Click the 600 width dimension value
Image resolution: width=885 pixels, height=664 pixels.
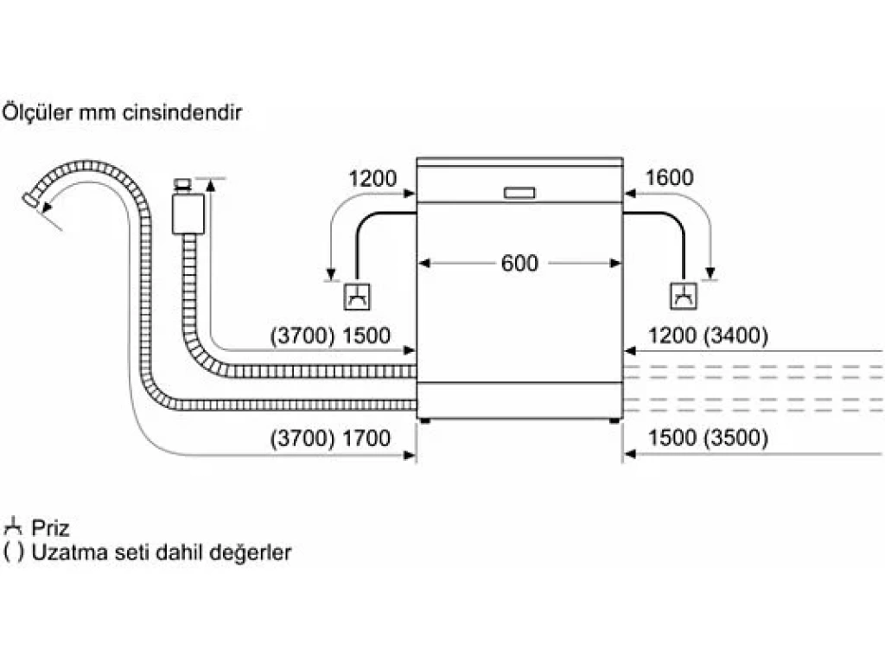tap(519, 263)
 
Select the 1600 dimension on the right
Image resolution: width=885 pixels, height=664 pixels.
tap(669, 178)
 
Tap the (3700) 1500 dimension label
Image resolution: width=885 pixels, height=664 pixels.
tap(330, 336)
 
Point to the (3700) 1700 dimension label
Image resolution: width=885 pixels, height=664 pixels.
tap(330, 438)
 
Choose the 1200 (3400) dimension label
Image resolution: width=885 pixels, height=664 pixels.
tap(708, 336)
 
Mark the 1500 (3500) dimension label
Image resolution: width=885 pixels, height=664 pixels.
tap(708, 438)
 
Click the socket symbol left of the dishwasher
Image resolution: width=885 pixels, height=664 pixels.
tap(357, 296)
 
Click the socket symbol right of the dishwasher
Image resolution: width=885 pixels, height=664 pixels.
tap(684, 296)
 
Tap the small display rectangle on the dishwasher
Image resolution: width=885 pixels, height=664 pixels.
tap(519, 193)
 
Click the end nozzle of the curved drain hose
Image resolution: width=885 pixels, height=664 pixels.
tap(32, 201)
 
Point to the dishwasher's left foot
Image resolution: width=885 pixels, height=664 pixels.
tap(425, 421)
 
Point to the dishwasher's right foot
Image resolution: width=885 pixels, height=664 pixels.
tap(614, 421)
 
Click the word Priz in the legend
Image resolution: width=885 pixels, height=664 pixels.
tap(50, 528)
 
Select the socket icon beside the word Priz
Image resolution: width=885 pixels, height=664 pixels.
tap(12, 527)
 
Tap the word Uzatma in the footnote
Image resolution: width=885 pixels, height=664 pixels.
tap(70, 552)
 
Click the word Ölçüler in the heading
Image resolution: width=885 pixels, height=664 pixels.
tap(37, 112)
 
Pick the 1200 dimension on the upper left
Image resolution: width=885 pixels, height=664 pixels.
tap(372, 179)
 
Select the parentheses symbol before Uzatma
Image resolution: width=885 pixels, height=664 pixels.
tap(14, 552)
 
